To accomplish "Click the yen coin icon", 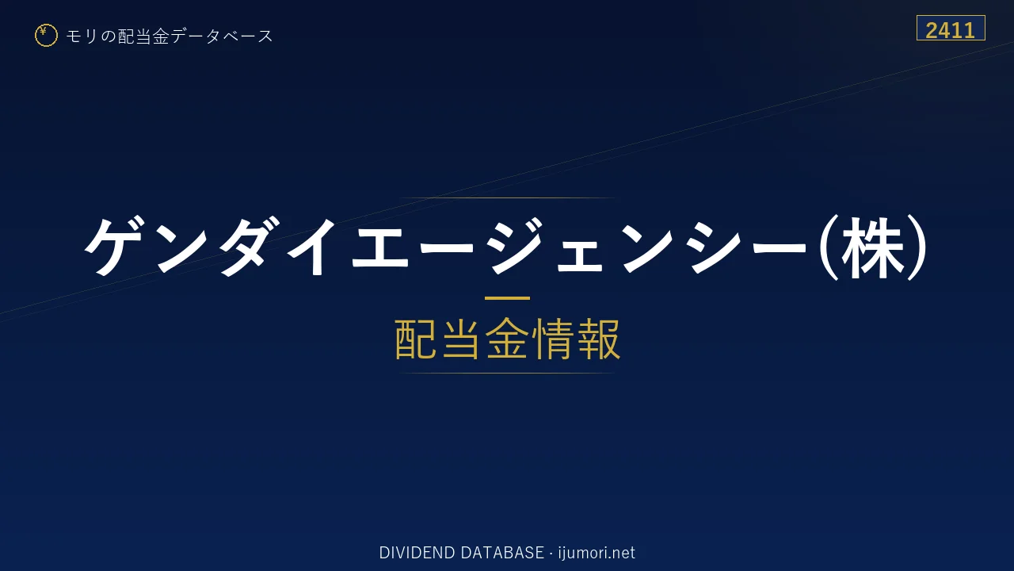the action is tap(46, 36).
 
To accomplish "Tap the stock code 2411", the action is tap(950, 30).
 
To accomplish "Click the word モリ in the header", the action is tap(82, 36).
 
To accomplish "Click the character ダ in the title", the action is tap(248, 246).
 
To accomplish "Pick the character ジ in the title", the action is tap(516, 246).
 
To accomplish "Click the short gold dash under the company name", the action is tap(507, 298).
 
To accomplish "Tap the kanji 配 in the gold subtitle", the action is tap(417, 339).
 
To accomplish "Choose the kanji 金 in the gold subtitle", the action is tap(507, 339).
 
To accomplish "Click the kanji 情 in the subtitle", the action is tap(552, 339).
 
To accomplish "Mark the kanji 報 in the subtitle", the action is tap(598, 339).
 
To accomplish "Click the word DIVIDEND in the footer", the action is tap(417, 553).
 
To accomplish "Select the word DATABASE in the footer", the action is tap(502, 553).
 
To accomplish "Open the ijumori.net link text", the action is tap(597, 553).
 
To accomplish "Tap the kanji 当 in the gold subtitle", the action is tap(462, 339).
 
